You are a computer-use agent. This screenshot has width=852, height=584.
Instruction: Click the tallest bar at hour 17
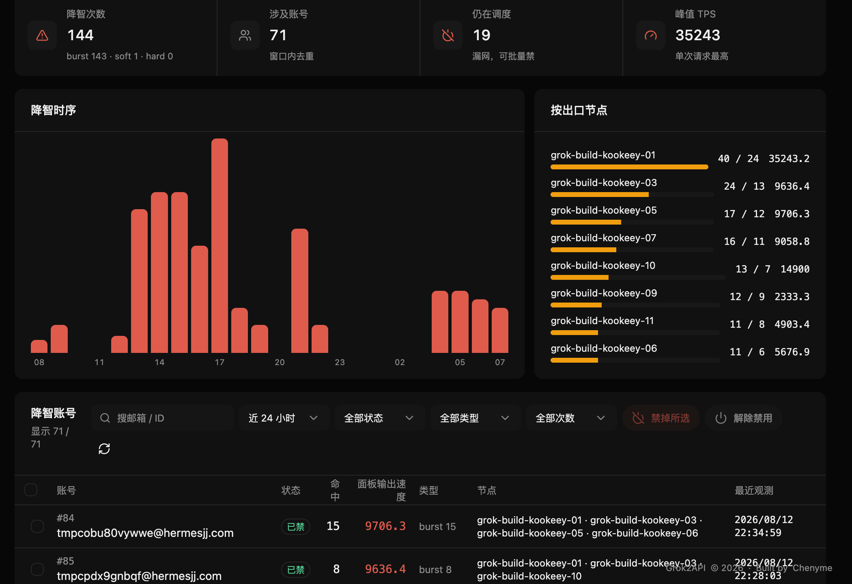tap(219, 246)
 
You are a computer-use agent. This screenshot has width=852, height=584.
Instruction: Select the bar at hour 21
tap(300, 291)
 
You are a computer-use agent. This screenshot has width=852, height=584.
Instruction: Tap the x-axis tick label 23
tap(340, 362)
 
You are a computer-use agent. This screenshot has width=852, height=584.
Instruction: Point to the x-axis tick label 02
tap(400, 362)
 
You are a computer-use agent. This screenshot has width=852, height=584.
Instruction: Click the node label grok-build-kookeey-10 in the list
tap(603, 266)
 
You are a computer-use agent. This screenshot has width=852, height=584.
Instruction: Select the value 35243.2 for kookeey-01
tap(789, 158)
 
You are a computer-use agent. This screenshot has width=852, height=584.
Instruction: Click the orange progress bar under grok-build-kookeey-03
tap(600, 195)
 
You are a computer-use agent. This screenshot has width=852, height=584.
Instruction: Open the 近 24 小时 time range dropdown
tap(284, 418)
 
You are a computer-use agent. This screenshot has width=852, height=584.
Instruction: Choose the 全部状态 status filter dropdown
tap(379, 418)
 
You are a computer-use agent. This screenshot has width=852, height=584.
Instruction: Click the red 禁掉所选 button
tap(661, 418)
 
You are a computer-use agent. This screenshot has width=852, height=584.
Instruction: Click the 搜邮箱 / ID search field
tap(162, 418)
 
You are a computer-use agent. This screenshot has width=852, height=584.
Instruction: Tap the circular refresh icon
tap(104, 449)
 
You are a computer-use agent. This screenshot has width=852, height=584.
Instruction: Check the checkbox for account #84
tap(37, 526)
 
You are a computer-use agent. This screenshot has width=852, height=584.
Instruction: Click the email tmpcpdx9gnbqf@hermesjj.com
tap(139, 576)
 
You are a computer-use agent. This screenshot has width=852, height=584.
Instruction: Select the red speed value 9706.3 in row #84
tap(385, 526)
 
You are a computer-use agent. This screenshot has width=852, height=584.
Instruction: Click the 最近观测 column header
tap(754, 491)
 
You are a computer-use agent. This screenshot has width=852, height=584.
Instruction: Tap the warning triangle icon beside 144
tap(42, 36)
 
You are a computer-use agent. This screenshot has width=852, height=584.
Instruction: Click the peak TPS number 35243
tap(698, 35)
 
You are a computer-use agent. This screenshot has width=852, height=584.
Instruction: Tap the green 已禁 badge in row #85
tap(296, 570)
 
